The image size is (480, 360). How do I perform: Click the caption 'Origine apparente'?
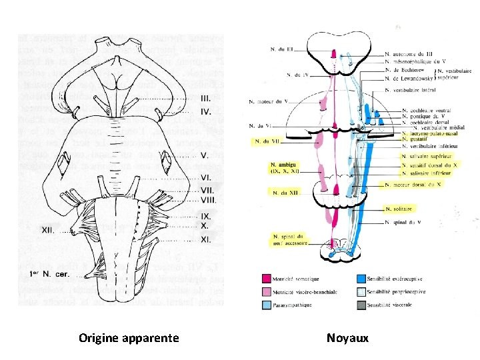[x=129, y=338]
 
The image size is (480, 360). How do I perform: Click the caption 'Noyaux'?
[x=347, y=338]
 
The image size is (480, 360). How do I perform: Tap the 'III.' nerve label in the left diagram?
[x=207, y=97]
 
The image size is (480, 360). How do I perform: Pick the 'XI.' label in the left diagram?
[x=207, y=238]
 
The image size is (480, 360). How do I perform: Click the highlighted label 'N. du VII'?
[x=266, y=141]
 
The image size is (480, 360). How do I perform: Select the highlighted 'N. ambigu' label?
[x=285, y=167]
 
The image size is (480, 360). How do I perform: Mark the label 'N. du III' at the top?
[x=282, y=49]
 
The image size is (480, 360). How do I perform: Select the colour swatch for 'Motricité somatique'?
[x=267, y=279]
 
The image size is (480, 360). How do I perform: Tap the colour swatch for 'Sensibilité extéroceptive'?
[x=361, y=279]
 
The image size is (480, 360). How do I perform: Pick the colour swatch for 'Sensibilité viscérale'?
[x=361, y=305]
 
